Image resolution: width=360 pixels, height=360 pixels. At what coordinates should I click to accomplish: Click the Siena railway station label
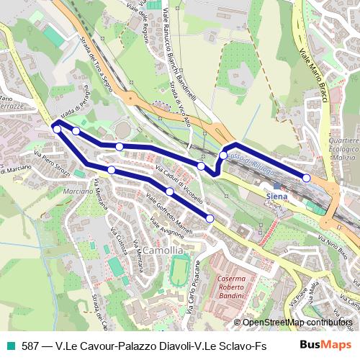click(276, 196)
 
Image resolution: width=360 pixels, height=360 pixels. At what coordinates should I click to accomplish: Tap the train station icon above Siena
click(276, 186)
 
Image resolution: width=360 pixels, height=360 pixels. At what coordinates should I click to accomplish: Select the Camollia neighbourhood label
click(163, 250)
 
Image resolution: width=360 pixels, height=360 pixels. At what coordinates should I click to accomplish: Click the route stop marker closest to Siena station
click(307, 178)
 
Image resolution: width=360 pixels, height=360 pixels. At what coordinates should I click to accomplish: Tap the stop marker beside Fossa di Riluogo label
click(223, 155)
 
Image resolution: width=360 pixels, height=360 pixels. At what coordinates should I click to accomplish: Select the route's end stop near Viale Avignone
click(210, 218)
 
